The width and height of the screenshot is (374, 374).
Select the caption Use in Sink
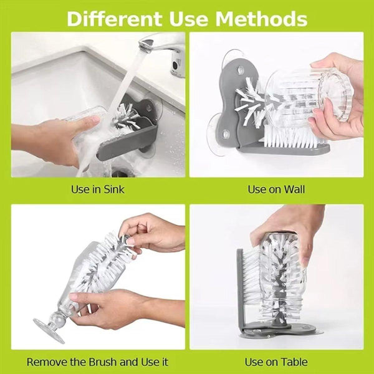click(x=98, y=189)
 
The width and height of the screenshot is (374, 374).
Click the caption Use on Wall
click(x=276, y=189)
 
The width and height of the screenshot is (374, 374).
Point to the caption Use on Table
click(x=276, y=362)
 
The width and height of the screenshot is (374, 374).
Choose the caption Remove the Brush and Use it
click(x=98, y=362)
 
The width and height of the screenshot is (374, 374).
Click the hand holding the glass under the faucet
click(x=50, y=140)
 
